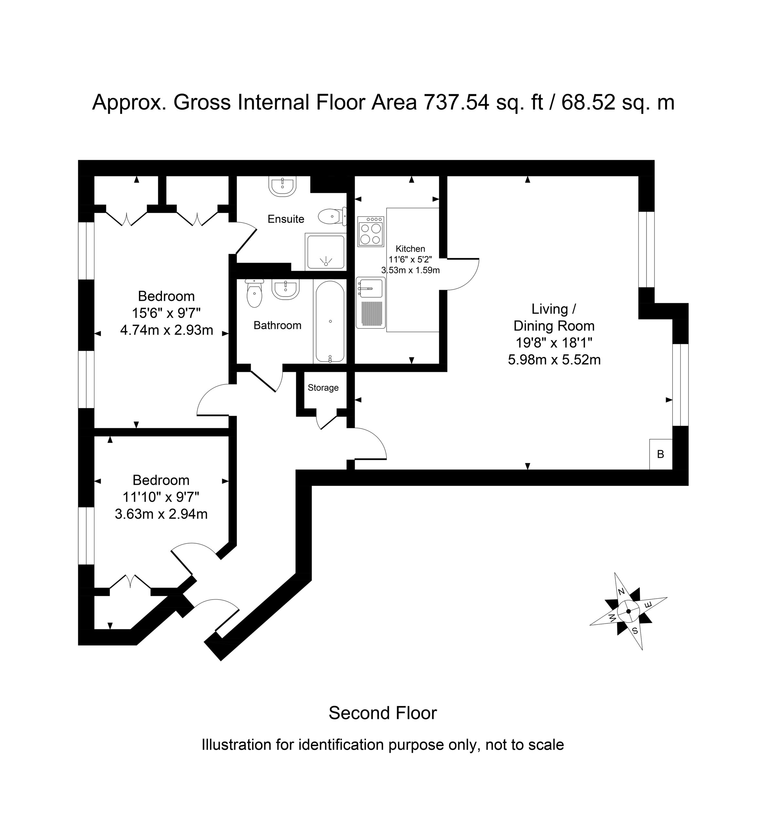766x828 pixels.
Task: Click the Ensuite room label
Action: coord(286,219)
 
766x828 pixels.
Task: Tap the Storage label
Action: coord(323,387)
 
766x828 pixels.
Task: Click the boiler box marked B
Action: coord(661,454)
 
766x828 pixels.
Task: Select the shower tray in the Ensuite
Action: coord(326,251)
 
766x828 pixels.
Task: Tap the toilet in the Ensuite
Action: coord(332,216)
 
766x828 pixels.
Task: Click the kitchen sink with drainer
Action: coord(371,302)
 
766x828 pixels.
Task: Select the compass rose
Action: coord(628,611)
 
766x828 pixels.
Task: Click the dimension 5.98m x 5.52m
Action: coord(554,360)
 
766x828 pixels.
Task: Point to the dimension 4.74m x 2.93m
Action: coord(167,330)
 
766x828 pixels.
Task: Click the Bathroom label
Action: coord(277,325)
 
